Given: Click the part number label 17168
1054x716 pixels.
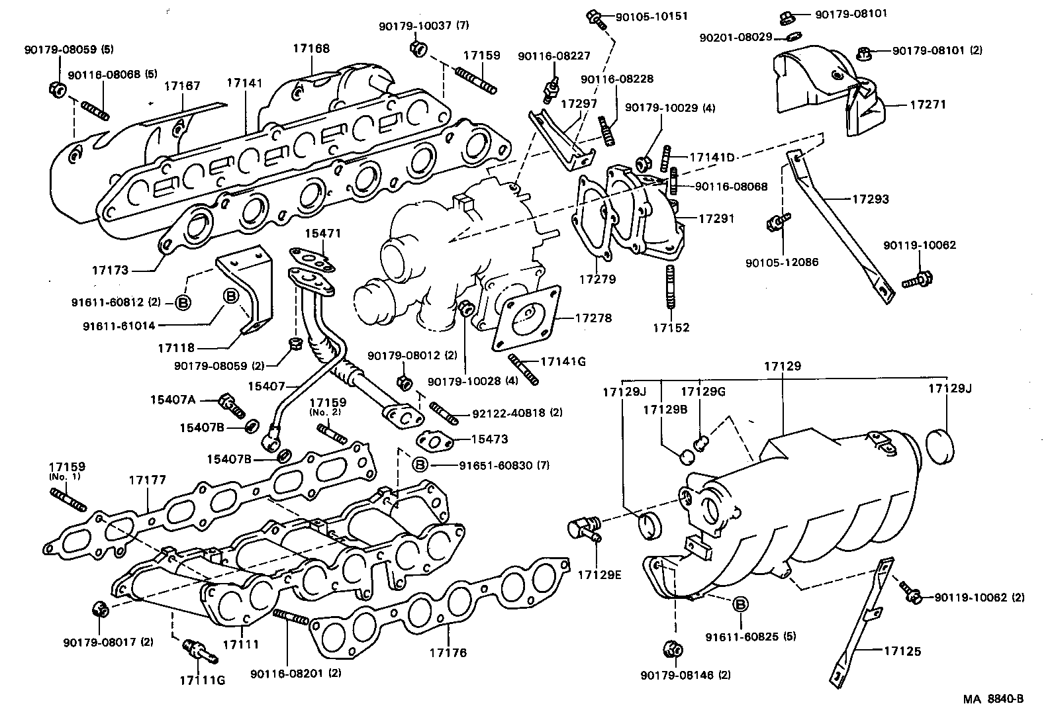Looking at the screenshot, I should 311,48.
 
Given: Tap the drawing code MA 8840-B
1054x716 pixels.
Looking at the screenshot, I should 992,699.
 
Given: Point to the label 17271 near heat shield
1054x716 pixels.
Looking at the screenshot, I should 928,105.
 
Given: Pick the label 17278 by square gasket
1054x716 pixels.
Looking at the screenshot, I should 593,318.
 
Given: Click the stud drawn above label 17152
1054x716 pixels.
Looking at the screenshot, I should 671,286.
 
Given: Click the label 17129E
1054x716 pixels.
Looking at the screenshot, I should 599,574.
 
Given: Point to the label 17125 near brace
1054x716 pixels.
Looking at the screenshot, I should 902,651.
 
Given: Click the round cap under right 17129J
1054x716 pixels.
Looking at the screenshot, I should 943,445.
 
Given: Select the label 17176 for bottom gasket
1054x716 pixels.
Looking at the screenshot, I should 448,652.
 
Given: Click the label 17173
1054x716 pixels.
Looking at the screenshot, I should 110,271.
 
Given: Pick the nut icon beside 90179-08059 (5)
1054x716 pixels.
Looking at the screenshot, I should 56,89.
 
